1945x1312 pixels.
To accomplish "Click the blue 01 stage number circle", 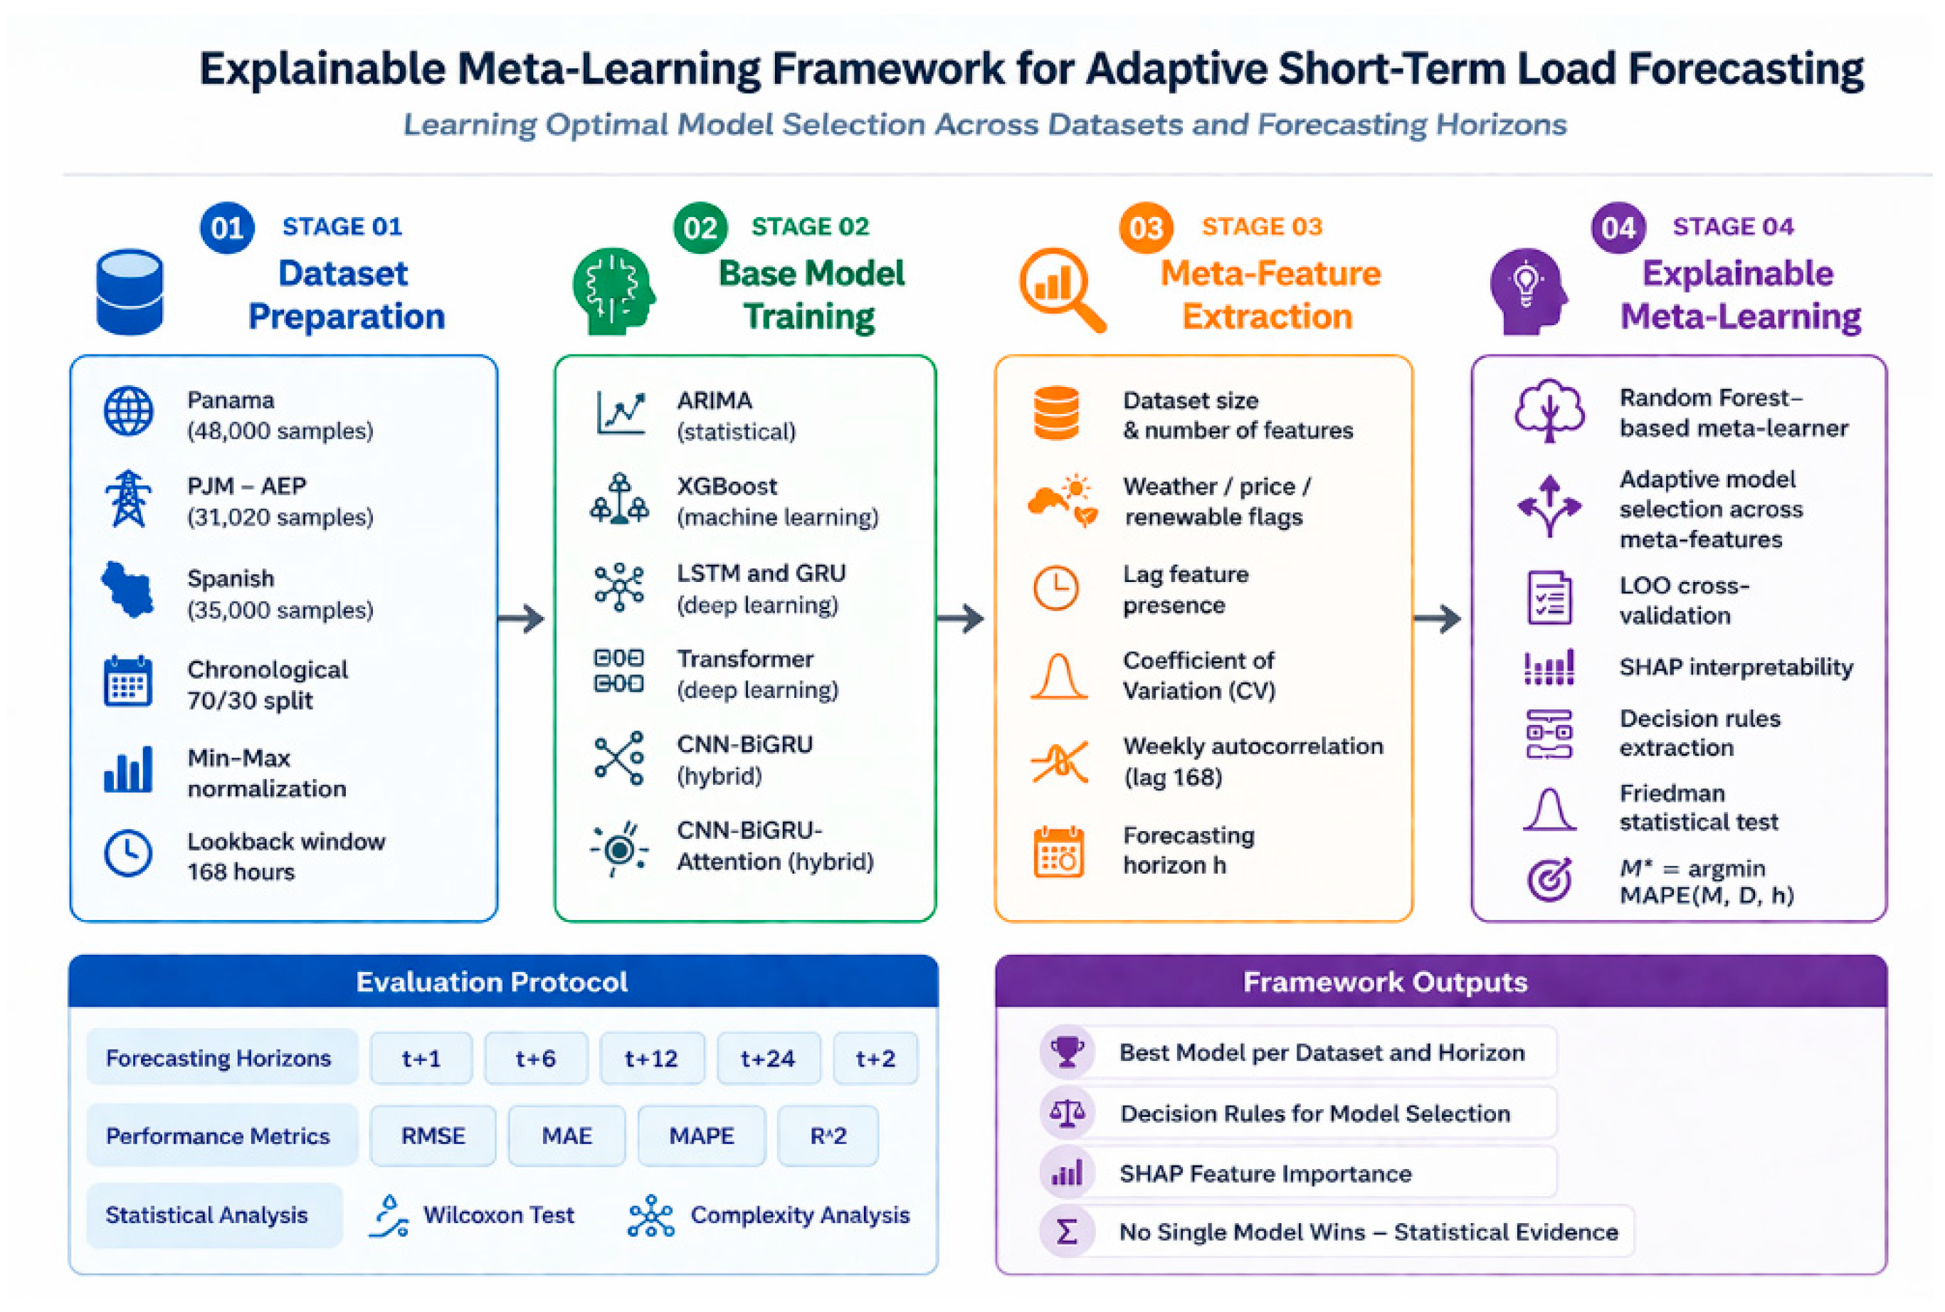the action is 227,228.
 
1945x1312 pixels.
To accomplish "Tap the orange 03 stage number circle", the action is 1146,228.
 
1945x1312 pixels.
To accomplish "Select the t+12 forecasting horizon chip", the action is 651,1059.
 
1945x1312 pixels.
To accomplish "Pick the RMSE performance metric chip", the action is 433,1136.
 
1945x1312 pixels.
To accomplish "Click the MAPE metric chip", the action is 701,1136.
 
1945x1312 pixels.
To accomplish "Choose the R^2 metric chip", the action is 828,1136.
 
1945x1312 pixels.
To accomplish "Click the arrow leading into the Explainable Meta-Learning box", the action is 1437,618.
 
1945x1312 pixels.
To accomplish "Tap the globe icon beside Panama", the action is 128,411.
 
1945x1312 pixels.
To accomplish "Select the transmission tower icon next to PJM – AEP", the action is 128,498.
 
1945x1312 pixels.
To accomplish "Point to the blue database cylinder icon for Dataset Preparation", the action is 130,292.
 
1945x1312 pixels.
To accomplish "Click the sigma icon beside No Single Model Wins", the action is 1067,1232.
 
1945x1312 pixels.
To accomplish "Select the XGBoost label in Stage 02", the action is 727,486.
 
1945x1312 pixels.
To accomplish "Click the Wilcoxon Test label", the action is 499,1215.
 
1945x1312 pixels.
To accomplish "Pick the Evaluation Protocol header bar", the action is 503,980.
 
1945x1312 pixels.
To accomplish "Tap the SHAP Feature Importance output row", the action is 1297,1173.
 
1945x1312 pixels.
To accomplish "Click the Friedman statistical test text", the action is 1698,808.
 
